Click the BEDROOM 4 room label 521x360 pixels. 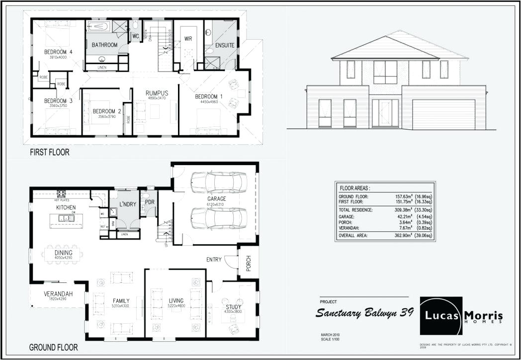pyautogui.click(x=58, y=52)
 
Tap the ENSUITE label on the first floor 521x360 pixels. pyautogui.click(x=225, y=45)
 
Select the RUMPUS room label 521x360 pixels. pyautogui.click(x=157, y=93)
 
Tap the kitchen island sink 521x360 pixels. pyautogui.click(x=66, y=218)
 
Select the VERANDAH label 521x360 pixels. pyautogui.click(x=58, y=294)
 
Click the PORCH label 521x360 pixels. pyautogui.click(x=249, y=264)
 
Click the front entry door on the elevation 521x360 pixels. pyautogui.click(x=385, y=112)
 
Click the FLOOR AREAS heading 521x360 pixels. pyautogui.click(x=355, y=188)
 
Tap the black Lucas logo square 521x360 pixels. pyautogui.click(x=440, y=316)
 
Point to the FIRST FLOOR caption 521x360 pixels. pyautogui.click(x=50, y=152)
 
